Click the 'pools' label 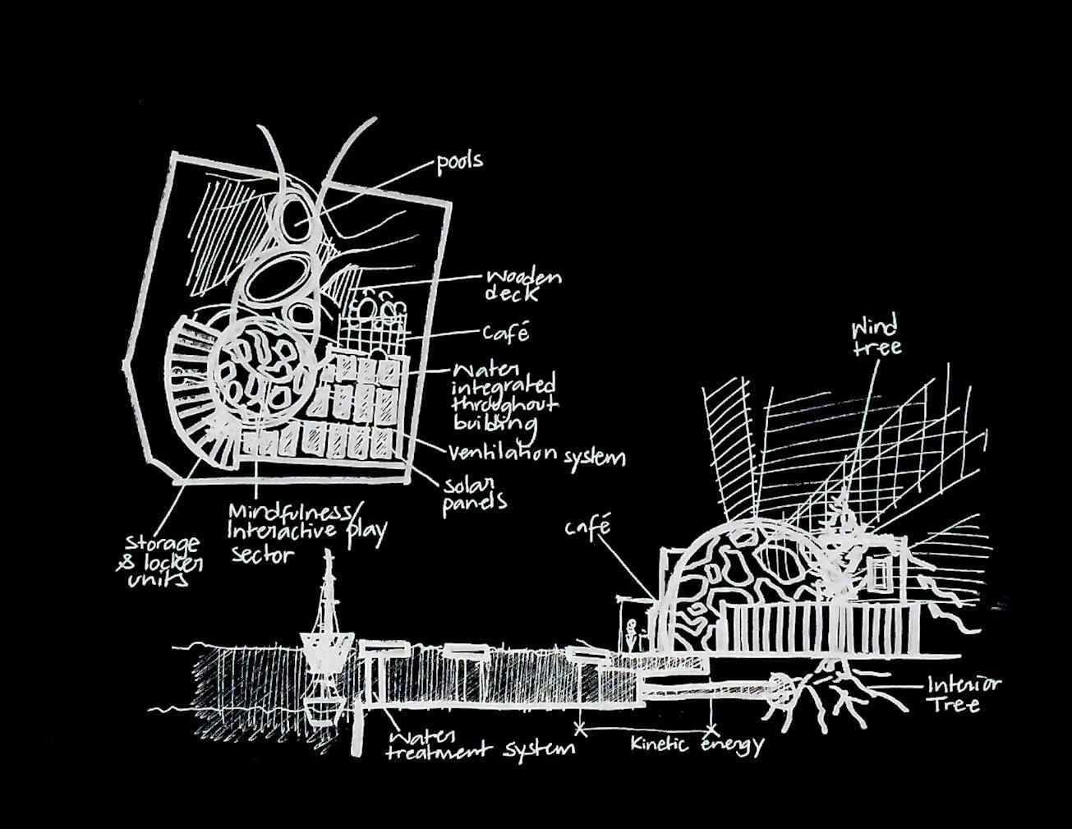click(x=459, y=161)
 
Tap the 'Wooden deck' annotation click(x=522, y=285)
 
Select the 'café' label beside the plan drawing click(x=505, y=333)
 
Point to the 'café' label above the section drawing click(x=588, y=526)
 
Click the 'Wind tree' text click(x=875, y=337)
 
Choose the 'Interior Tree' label click(x=964, y=694)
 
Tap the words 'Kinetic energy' click(x=697, y=745)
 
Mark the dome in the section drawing click(x=739, y=575)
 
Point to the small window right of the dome click(x=880, y=574)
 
